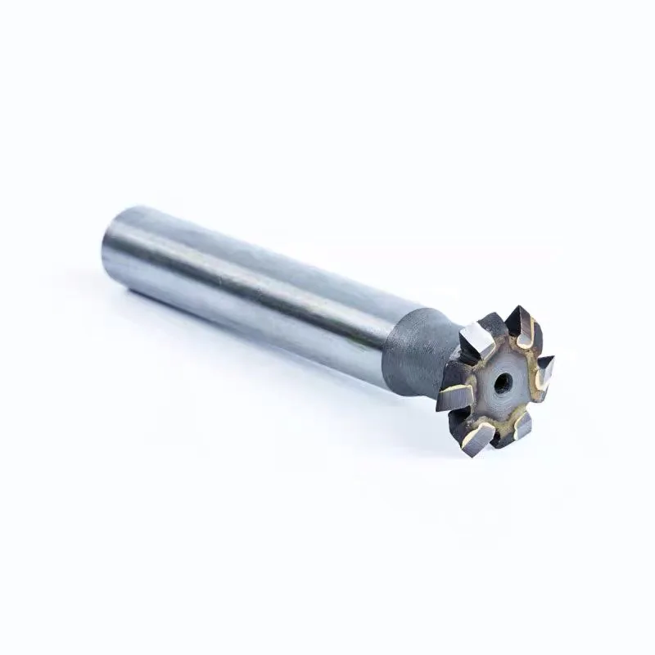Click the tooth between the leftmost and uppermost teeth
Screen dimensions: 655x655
click(x=476, y=341)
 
